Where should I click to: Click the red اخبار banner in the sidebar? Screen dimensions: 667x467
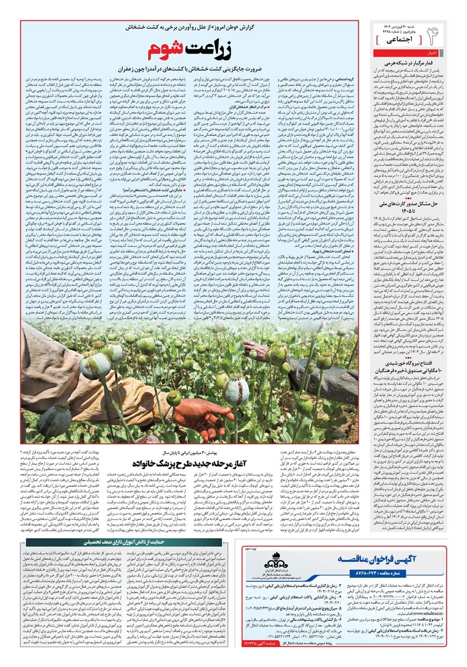(x=431, y=53)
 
